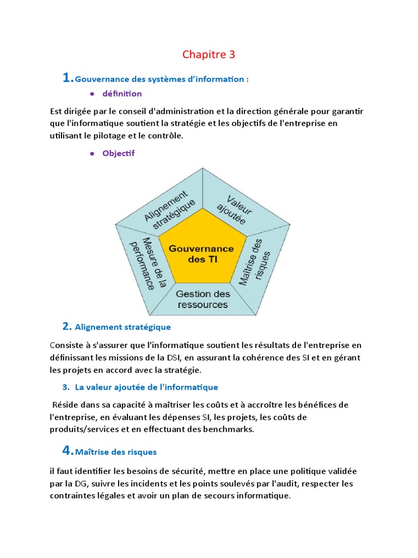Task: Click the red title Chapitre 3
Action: click(209, 54)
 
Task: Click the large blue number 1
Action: click(67, 78)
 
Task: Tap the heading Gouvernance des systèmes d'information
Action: click(162, 80)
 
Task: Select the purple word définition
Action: click(122, 94)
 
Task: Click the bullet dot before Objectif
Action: click(92, 154)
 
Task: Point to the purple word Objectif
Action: click(118, 154)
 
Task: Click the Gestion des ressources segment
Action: click(202, 299)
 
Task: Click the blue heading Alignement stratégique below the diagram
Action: click(122, 327)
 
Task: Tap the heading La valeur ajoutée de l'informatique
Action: click(146, 387)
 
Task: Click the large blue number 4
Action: click(67, 450)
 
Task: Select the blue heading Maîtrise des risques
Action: click(115, 452)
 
